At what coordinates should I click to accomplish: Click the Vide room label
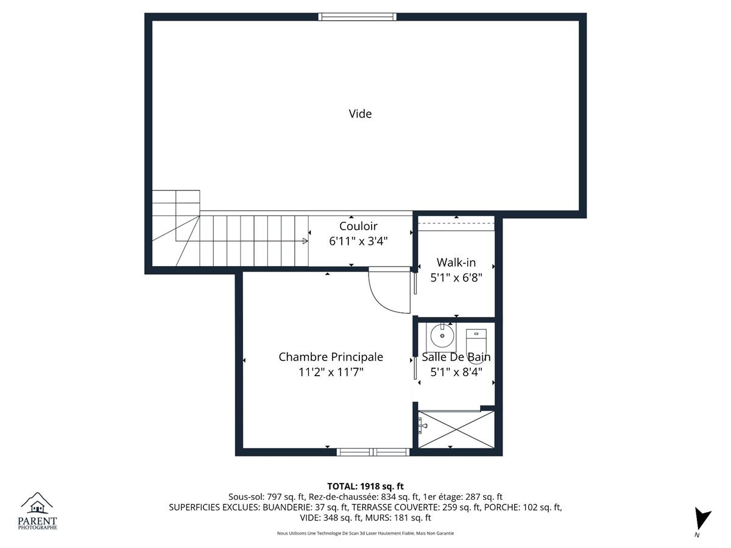[x=360, y=114]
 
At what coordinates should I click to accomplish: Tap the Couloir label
[x=358, y=226]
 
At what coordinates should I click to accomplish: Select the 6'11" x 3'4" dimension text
[x=358, y=241]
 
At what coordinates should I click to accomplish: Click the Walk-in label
[x=456, y=262]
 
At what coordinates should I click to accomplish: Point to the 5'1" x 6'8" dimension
[x=456, y=278]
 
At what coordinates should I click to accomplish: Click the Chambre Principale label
[x=331, y=357]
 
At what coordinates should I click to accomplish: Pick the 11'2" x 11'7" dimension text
[x=331, y=372]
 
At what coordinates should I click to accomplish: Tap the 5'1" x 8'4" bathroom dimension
[x=456, y=372]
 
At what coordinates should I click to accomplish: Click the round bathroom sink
[x=442, y=336]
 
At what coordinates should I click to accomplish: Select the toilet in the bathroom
[x=476, y=342]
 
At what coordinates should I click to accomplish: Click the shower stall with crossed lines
[x=456, y=429]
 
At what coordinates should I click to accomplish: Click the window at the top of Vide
[x=357, y=16]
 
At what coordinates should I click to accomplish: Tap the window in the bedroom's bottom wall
[x=373, y=452]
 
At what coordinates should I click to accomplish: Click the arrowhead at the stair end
[x=305, y=241]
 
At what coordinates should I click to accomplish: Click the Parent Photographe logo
[x=37, y=511]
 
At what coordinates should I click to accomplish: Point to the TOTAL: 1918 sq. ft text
[x=365, y=487]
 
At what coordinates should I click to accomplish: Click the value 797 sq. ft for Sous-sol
[x=286, y=497]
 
